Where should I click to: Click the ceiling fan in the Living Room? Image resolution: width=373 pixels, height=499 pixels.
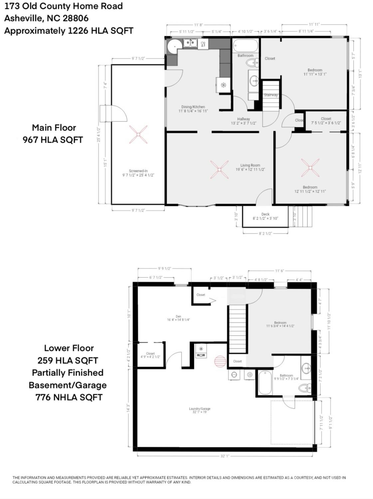point(219,170)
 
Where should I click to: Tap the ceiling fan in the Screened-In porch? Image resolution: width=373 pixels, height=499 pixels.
point(138,134)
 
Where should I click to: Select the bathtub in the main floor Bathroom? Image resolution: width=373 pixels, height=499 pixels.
point(245,46)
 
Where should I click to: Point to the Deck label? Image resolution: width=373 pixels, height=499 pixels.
point(265,214)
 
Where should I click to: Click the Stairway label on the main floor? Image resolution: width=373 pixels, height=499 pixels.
point(271,95)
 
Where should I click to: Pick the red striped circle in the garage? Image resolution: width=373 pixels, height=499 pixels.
point(220,361)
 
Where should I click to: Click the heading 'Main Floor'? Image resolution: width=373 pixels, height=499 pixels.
point(54,128)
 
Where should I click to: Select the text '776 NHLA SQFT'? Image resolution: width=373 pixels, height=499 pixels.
point(69,397)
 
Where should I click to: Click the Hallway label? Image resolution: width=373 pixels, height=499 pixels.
point(244,119)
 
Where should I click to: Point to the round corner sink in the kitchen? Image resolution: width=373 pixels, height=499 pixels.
point(173,47)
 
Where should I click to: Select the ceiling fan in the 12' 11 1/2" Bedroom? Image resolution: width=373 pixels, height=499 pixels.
point(310,168)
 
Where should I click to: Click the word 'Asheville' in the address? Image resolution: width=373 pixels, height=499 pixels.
point(23,18)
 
